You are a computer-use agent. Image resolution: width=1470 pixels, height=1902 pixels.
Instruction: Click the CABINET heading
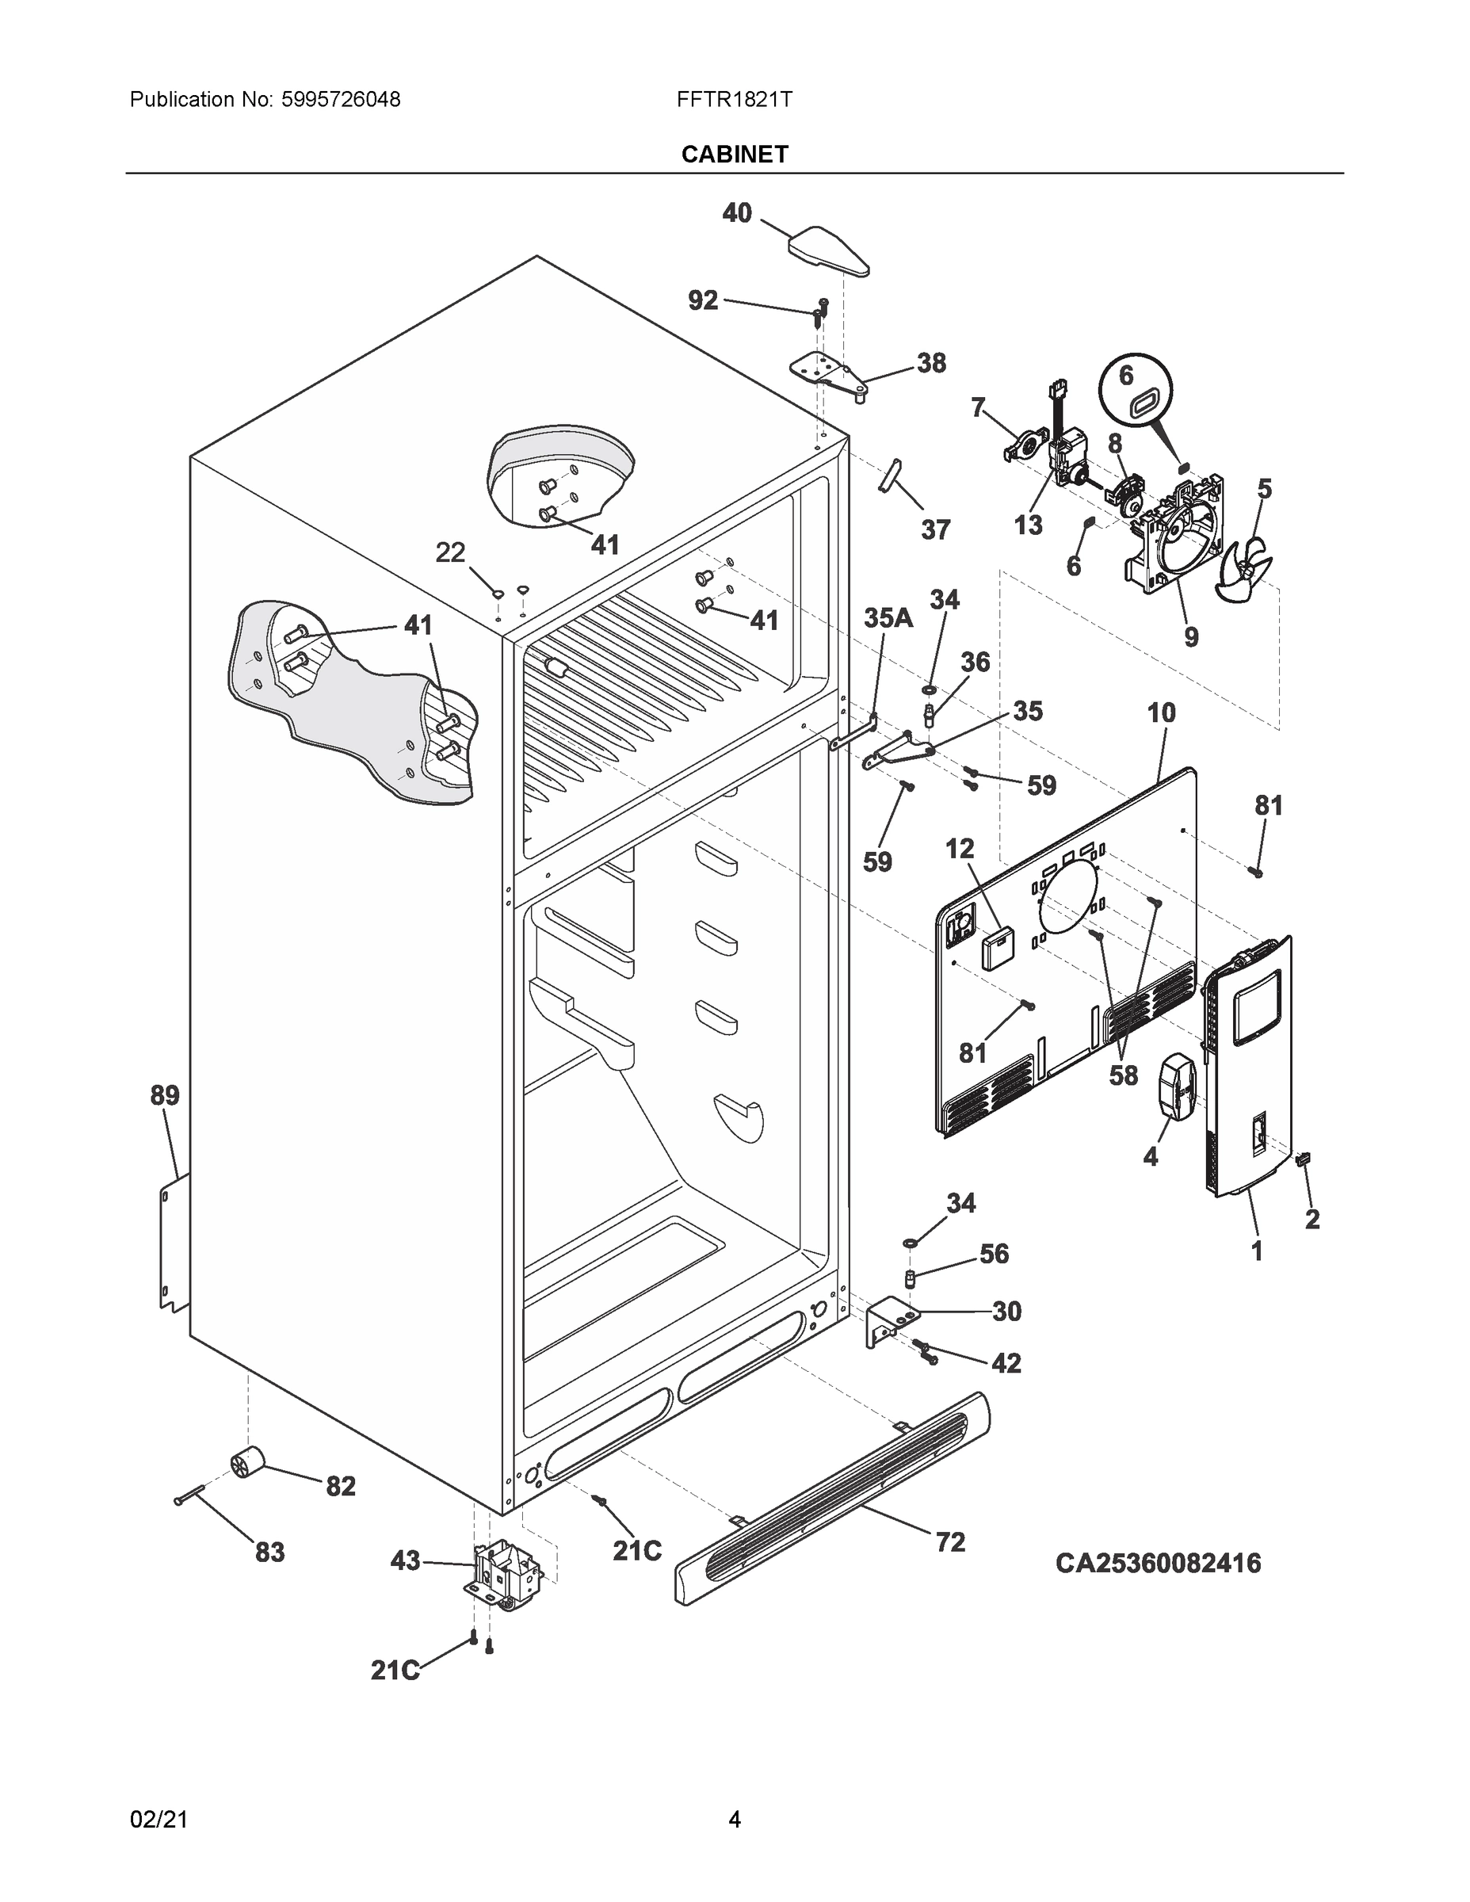(734, 155)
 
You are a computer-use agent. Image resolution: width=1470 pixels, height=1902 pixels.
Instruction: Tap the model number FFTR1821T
(734, 99)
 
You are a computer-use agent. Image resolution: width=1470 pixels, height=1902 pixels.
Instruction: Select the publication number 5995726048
(341, 99)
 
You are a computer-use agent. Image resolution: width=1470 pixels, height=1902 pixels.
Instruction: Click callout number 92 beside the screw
(703, 300)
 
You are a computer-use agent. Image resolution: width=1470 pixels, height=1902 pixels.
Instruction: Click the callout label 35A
(888, 618)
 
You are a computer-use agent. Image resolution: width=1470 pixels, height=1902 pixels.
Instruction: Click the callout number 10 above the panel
(1161, 712)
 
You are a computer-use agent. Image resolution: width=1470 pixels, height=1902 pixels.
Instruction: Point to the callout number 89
(165, 1094)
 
